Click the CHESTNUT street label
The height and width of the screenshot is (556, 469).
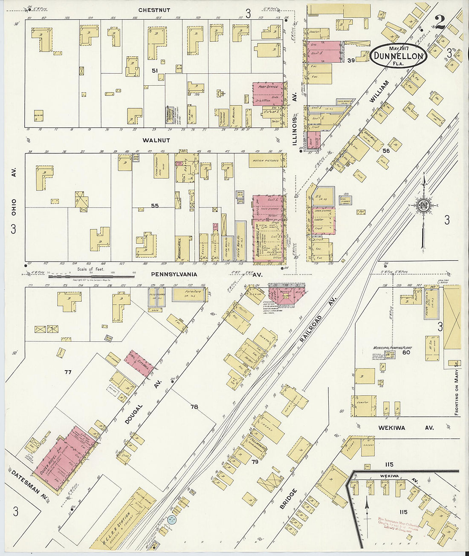tap(154, 10)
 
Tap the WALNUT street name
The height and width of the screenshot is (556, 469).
tap(156, 140)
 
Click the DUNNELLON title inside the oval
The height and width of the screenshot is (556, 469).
tap(398, 56)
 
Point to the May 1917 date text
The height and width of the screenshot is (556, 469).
tap(398, 47)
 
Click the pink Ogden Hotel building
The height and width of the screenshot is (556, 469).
tap(64, 458)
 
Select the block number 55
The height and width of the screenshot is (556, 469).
tap(154, 206)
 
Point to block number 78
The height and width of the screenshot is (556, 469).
tap(194, 407)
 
